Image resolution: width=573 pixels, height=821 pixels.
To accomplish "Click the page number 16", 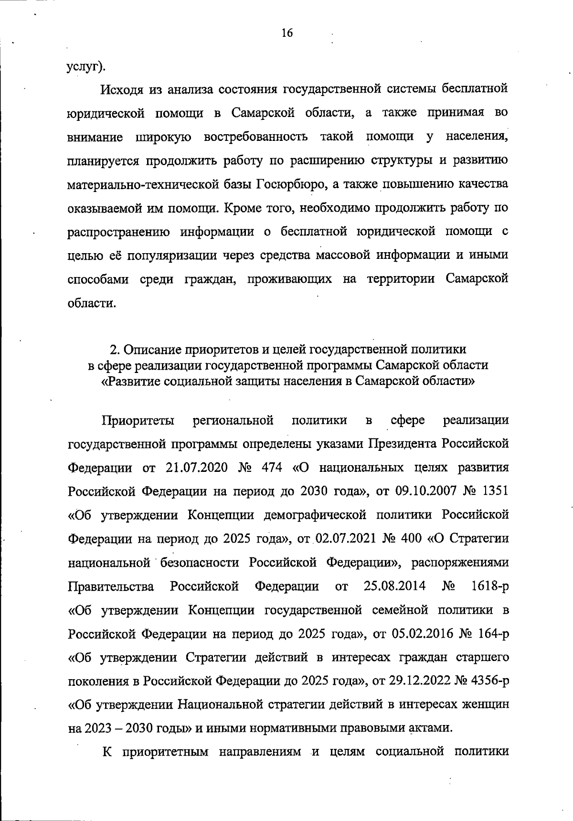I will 287,33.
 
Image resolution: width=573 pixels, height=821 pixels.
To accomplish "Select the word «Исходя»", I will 121,89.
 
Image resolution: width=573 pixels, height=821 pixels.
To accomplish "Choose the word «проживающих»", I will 289,279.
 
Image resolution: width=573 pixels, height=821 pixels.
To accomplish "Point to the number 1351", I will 492,491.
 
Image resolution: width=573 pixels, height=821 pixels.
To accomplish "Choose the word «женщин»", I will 486,705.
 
